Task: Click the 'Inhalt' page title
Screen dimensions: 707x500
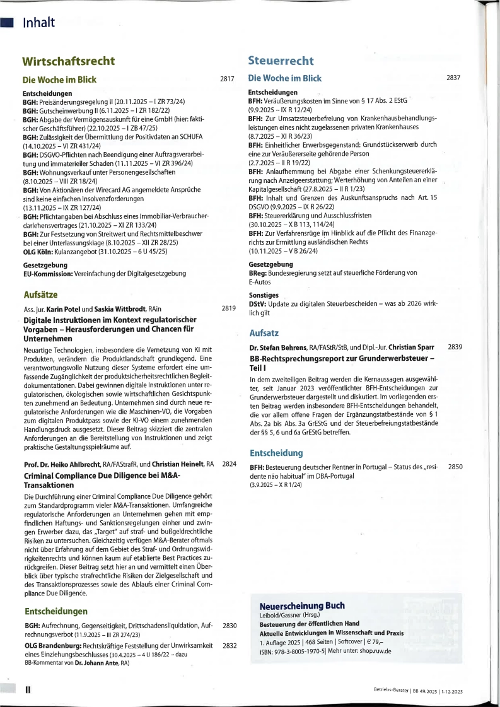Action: [x=39, y=23]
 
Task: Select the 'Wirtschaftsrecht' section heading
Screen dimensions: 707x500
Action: [x=69, y=61]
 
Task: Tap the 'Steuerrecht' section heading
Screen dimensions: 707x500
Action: [x=281, y=61]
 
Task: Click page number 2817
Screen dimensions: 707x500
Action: [x=227, y=79]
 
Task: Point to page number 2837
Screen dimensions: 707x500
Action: [x=453, y=78]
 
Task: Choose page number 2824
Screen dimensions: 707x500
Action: [x=229, y=464]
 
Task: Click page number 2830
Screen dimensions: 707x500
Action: [x=229, y=626]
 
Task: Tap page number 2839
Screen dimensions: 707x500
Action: [x=455, y=348]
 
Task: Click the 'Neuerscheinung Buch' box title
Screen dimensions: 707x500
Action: [x=302, y=605]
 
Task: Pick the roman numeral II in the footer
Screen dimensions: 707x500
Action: [x=27, y=690]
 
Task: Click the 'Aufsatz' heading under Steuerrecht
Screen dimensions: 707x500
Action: [x=264, y=332]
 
